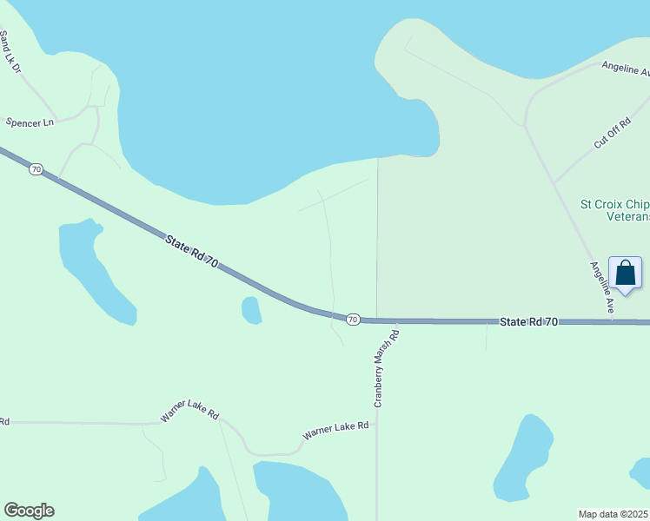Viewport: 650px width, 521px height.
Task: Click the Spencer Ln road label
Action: click(x=30, y=122)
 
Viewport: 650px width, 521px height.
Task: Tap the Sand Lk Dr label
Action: click(x=10, y=52)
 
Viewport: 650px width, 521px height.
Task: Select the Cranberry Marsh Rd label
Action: click(x=385, y=368)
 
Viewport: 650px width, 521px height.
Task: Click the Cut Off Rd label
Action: click(x=612, y=135)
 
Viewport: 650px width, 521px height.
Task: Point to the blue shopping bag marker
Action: click(x=625, y=274)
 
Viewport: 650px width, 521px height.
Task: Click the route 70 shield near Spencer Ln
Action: click(x=36, y=169)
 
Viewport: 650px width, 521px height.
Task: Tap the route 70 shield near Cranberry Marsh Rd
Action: click(x=353, y=320)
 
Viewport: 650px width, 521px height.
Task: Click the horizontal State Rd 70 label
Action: click(x=529, y=321)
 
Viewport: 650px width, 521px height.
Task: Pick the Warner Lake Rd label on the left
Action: click(x=189, y=411)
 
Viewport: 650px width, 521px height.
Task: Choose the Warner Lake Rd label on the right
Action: click(x=335, y=429)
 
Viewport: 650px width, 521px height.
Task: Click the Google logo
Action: click(x=29, y=511)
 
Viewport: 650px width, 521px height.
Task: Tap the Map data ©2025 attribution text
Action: click(x=613, y=513)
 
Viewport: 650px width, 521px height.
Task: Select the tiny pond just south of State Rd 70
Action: click(x=251, y=310)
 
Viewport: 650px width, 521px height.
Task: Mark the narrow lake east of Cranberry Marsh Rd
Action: click(x=524, y=458)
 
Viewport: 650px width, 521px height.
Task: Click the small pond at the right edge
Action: click(x=640, y=473)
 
